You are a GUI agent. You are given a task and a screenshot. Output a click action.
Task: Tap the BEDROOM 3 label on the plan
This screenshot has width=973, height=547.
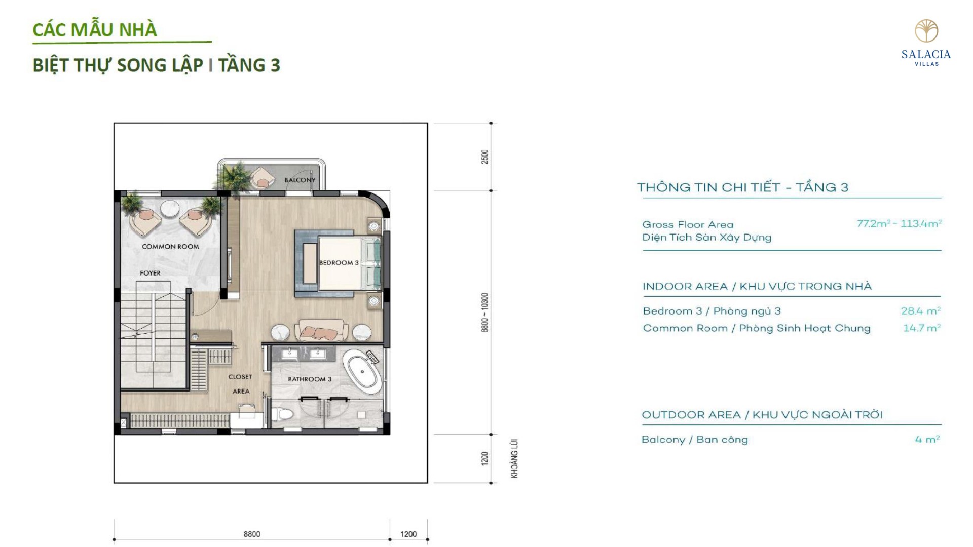[x=339, y=262]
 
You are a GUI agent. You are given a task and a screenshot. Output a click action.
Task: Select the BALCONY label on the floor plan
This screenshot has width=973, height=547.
[x=300, y=180]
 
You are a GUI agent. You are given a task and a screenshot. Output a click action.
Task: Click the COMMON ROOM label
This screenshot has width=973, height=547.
[x=170, y=247]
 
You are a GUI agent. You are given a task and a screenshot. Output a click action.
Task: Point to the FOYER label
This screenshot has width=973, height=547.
[x=150, y=273]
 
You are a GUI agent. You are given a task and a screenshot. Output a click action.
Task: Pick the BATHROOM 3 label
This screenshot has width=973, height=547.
[x=310, y=379]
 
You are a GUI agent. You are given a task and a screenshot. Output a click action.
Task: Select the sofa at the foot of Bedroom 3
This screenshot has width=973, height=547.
[x=321, y=330]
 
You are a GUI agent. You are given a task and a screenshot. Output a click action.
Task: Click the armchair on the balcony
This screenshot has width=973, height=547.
[x=263, y=177]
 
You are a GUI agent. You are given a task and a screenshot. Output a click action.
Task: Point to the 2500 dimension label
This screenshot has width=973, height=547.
[x=485, y=157]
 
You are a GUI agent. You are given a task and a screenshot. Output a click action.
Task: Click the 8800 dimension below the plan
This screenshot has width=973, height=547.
[x=252, y=534]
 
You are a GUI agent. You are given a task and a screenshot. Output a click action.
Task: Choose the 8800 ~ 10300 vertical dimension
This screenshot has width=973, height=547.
[x=485, y=312]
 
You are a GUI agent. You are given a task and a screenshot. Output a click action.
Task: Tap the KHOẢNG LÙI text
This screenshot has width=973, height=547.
[x=514, y=458]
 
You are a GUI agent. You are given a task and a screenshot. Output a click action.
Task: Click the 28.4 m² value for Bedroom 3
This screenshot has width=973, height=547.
[x=920, y=311]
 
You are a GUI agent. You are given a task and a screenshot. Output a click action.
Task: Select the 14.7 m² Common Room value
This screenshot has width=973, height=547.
[x=922, y=328]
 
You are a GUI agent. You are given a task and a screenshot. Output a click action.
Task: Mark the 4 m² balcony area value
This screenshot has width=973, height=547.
[x=927, y=439]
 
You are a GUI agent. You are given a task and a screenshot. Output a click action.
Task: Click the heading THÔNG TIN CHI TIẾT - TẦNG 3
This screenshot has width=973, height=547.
[x=742, y=187]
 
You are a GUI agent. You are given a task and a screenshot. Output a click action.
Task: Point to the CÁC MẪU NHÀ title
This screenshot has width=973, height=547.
[x=95, y=30]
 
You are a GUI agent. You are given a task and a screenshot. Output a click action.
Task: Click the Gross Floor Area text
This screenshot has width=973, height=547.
[x=688, y=224]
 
